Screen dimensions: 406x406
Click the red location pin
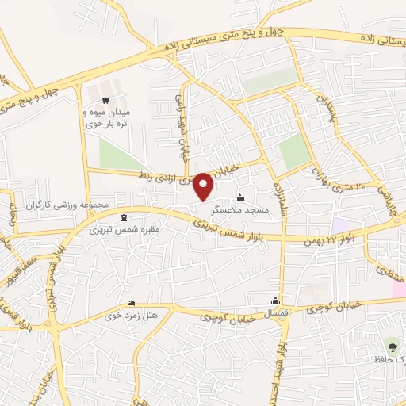204,185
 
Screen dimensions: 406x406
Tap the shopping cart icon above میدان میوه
106,100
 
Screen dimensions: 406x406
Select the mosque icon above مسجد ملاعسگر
240,197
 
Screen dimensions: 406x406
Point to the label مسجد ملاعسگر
240,210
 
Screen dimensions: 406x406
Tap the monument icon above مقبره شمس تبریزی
123,217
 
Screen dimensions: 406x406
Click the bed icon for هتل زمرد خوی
131,304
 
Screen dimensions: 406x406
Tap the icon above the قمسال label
275,301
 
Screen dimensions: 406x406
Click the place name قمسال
275,312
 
